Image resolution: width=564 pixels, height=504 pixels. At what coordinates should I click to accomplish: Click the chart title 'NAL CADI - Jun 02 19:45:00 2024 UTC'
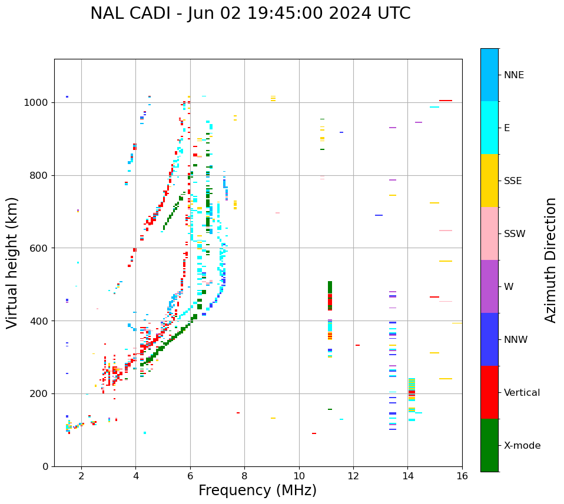tap(250, 14)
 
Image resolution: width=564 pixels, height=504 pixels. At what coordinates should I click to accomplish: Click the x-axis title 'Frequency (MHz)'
tap(257, 490)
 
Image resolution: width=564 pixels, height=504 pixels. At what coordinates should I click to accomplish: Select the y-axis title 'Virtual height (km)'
tap(12, 262)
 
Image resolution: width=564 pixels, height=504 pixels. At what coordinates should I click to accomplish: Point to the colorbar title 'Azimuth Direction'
tap(550, 260)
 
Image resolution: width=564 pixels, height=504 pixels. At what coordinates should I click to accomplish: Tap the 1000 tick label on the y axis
tap(37, 103)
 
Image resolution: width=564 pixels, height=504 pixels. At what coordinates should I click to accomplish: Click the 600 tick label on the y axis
tap(39, 248)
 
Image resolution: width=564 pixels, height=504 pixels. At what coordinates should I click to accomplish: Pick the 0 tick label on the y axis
tap(45, 466)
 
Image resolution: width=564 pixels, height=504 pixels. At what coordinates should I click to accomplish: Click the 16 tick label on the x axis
tap(462, 476)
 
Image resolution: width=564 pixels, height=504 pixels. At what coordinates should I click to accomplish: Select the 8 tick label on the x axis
tap(244, 476)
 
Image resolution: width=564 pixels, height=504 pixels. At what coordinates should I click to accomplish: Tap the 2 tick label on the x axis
tap(81, 476)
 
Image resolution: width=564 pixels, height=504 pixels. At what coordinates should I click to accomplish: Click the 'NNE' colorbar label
tap(513, 75)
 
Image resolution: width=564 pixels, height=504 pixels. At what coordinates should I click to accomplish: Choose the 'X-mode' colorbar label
tap(522, 446)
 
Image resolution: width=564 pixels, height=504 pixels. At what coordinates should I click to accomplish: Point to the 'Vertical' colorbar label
tap(522, 393)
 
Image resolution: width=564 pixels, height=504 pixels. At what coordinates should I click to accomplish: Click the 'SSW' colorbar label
tap(515, 234)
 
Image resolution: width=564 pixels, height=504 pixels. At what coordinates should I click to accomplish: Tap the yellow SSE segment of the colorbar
tap(489, 181)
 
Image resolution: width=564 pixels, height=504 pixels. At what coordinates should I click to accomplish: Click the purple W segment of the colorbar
tap(489, 286)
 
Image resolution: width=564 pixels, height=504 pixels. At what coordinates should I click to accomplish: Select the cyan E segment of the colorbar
tap(489, 128)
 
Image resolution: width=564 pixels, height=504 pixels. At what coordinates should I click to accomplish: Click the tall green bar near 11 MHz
tap(330, 288)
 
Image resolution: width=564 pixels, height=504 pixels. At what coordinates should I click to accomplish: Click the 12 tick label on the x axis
tap(353, 476)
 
